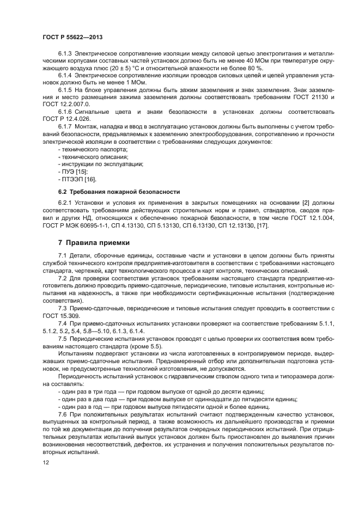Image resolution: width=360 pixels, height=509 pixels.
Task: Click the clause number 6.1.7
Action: pos(65,126)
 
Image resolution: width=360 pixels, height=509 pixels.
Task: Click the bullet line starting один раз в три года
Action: pos(161,391)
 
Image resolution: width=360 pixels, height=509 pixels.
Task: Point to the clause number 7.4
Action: pos(62,323)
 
